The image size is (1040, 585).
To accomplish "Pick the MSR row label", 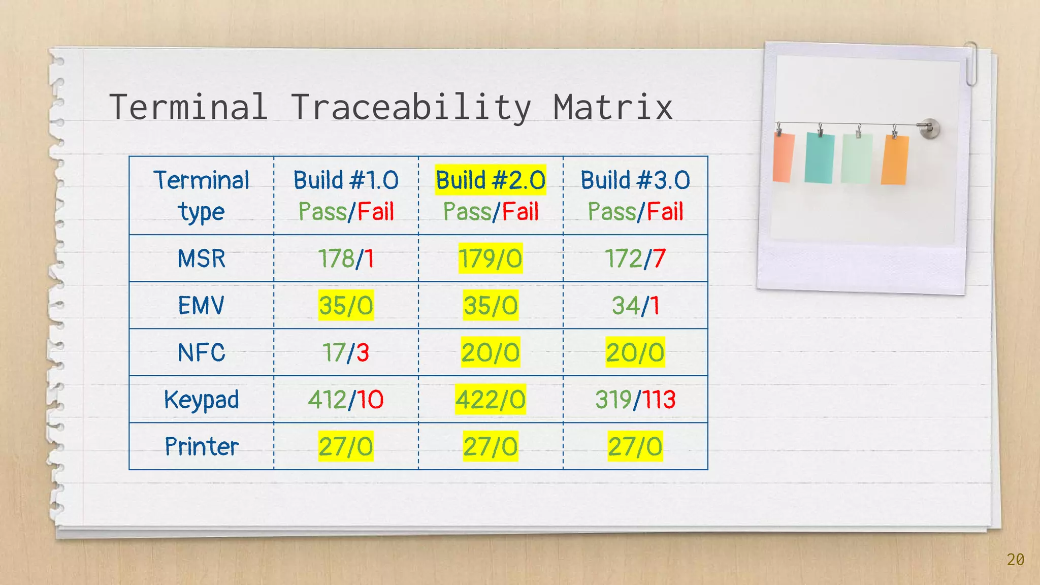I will click(201, 258).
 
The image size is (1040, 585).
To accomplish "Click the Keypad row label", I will click(201, 400).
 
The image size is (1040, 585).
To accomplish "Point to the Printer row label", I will click(201, 446).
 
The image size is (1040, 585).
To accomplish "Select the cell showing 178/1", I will click(346, 258).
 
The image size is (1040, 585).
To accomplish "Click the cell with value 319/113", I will click(635, 400).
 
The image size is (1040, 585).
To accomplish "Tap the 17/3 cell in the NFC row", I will click(346, 352).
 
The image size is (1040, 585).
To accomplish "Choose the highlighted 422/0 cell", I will click(491, 400).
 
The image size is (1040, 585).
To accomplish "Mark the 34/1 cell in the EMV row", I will click(635, 306).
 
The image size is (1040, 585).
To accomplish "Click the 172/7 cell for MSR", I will click(635, 258).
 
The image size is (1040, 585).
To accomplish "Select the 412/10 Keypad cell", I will click(346, 400).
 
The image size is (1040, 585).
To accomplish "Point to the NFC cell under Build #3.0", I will click(635, 352).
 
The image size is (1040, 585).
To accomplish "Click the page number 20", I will click(1015, 560).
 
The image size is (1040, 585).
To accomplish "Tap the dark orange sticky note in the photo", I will click(895, 160).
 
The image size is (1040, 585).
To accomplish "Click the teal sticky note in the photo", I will click(819, 158).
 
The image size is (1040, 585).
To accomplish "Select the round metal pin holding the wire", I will click(930, 128).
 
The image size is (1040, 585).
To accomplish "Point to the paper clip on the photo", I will click(971, 63).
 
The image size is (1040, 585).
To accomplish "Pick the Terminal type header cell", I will click(201, 196).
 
